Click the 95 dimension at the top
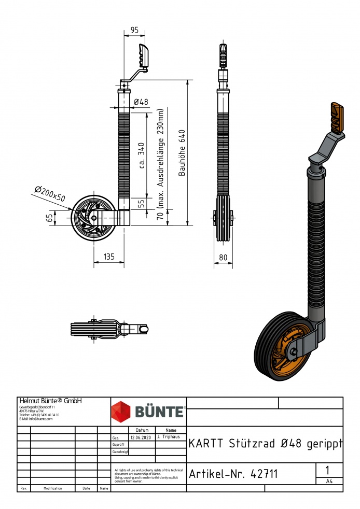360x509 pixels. tap(134, 31)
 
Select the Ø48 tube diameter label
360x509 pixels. tap(141, 102)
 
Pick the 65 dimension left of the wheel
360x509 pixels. tap(50, 218)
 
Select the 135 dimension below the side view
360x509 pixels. tap(109, 257)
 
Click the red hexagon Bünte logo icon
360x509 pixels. tap(122, 412)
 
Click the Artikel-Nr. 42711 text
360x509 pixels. tap(233, 474)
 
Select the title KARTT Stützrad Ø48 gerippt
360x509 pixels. tap(265, 444)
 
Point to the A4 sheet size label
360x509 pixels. tap(329, 481)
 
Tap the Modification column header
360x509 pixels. tap(53, 488)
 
